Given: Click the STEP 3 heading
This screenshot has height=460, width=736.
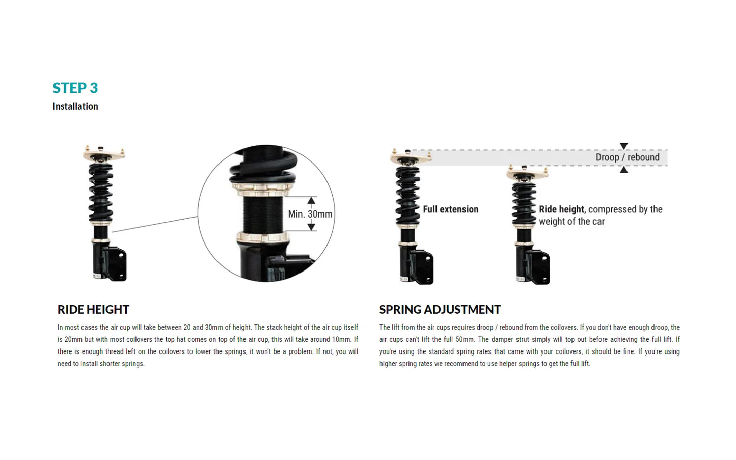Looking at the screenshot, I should pyautogui.click(x=75, y=88).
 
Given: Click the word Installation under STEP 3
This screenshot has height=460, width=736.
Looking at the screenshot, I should pyautogui.click(x=75, y=106).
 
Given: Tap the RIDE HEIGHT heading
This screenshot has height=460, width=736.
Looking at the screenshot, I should pyautogui.click(x=93, y=310).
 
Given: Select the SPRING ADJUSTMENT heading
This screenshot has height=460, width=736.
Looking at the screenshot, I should pyautogui.click(x=440, y=310).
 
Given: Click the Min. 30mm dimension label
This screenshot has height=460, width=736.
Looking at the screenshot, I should pyautogui.click(x=310, y=214).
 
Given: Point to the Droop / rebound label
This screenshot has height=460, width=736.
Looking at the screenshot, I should pyautogui.click(x=627, y=157).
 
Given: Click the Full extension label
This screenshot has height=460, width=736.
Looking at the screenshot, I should pyautogui.click(x=450, y=209).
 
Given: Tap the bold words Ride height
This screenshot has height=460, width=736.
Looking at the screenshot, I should pyautogui.click(x=561, y=209).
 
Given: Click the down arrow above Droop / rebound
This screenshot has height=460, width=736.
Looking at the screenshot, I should pyautogui.click(x=624, y=146).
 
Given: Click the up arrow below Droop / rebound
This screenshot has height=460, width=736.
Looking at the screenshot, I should pyautogui.click(x=624, y=170).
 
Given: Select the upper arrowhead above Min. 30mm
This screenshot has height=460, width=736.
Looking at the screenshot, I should pyautogui.click(x=311, y=200).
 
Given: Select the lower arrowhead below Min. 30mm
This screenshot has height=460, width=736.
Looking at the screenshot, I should pyautogui.click(x=311, y=227).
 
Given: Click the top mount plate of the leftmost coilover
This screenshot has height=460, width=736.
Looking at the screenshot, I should pyautogui.click(x=104, y=153).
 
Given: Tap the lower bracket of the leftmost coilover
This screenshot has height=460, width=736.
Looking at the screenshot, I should pyautogui.click(x=116, y=263).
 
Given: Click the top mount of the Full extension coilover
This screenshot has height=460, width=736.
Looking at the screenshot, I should pyautogui.click(x=411, y=157).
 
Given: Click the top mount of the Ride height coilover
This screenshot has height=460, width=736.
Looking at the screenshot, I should pyautogui.click(x=527, y=173).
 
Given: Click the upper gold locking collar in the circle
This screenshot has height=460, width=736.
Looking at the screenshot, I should pyautogui.click(x=263, y=190).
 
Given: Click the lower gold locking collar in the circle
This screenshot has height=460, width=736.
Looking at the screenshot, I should pyautogui.click(x=263, y=237).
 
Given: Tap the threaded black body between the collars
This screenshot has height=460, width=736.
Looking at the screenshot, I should pyautogui.click(x=262, y=214).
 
